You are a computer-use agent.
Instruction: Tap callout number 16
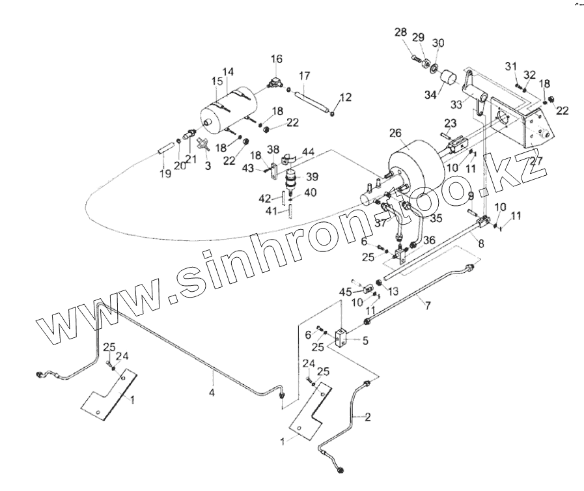tap(277, 59)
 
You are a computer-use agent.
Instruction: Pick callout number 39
tap(312, 177)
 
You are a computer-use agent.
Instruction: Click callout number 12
tap(346, 97)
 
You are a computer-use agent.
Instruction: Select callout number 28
tap(400, 32)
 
